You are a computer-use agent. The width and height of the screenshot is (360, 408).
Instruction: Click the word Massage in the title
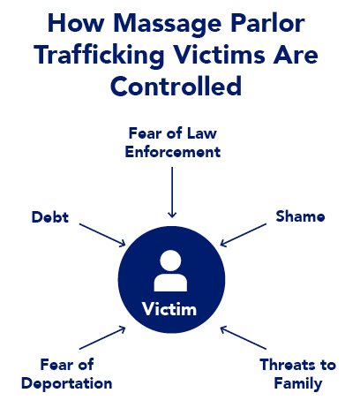[x=167, y=25]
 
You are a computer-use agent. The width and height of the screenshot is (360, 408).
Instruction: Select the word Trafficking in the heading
[x=99, y=57]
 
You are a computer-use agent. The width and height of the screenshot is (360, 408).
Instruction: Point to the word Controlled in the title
[x=176, y=86]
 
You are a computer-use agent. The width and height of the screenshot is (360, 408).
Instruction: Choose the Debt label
[x=50, y=217]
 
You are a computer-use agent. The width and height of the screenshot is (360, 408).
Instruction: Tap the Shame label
[x=300, y=216]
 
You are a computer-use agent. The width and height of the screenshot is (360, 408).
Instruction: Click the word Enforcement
[x=173, y=152]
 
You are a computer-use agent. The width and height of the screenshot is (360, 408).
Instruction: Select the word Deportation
[x=67, y=384]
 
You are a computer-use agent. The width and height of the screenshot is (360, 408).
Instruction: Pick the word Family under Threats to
[x=298, y=384]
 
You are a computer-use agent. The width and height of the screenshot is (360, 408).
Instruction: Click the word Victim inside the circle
[x=169, y=309]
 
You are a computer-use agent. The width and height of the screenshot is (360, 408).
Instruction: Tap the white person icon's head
[x=170, y=261]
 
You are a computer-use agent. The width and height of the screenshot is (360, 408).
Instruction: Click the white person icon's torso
[x=170, y=283]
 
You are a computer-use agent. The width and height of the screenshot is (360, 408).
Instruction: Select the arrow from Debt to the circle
[x=102, y=235]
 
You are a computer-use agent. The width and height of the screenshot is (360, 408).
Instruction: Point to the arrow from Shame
[x=244, y=235]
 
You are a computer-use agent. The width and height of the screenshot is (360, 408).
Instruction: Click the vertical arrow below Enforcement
[x=172, y=193]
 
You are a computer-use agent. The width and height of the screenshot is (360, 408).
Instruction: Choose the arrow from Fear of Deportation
[x=102, y=337]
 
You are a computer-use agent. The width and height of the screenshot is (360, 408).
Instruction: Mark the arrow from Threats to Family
[x=244, y=337]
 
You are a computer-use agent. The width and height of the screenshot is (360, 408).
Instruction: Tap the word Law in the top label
[x=202, y=133]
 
